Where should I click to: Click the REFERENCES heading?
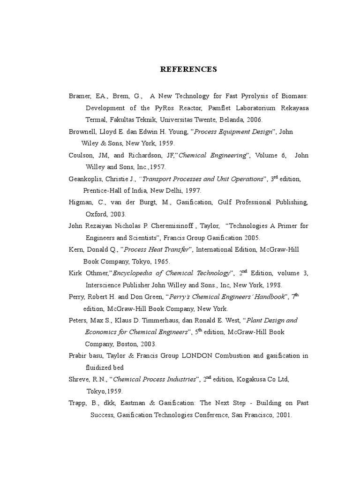click(188, 69)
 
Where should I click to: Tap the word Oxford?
click(97, 214)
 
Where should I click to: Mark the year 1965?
click(161, 261)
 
